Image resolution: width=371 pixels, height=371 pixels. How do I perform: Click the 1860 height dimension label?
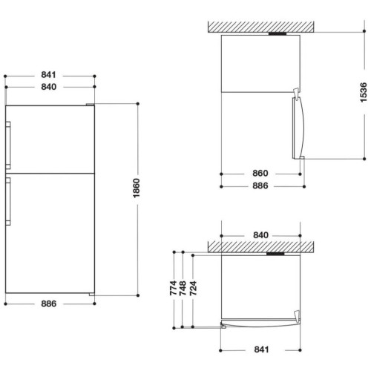137,188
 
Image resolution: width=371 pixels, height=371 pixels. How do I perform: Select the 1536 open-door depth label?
364,93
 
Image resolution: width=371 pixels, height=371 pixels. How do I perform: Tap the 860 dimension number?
260,174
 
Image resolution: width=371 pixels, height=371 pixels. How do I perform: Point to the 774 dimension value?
174,288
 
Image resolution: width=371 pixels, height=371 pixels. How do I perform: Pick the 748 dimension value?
183,288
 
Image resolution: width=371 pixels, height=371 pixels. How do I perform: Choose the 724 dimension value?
193,288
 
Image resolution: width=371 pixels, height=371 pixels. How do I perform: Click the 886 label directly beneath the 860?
260,185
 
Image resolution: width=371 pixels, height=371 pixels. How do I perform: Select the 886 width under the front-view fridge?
49,303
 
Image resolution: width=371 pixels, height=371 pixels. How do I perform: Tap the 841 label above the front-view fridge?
48,75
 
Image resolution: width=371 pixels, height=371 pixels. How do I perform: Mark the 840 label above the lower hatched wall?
260,235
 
